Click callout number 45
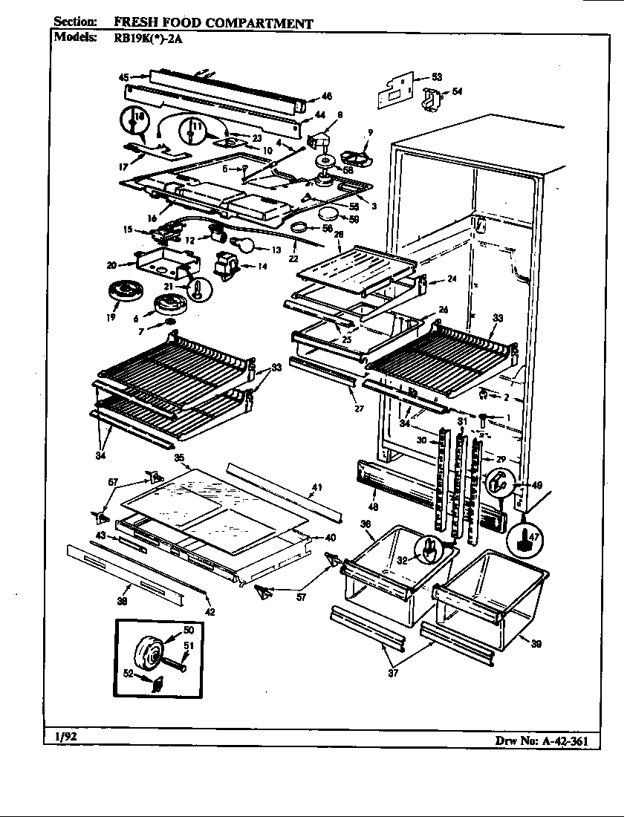(124, 77)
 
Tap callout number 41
(316, 487)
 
